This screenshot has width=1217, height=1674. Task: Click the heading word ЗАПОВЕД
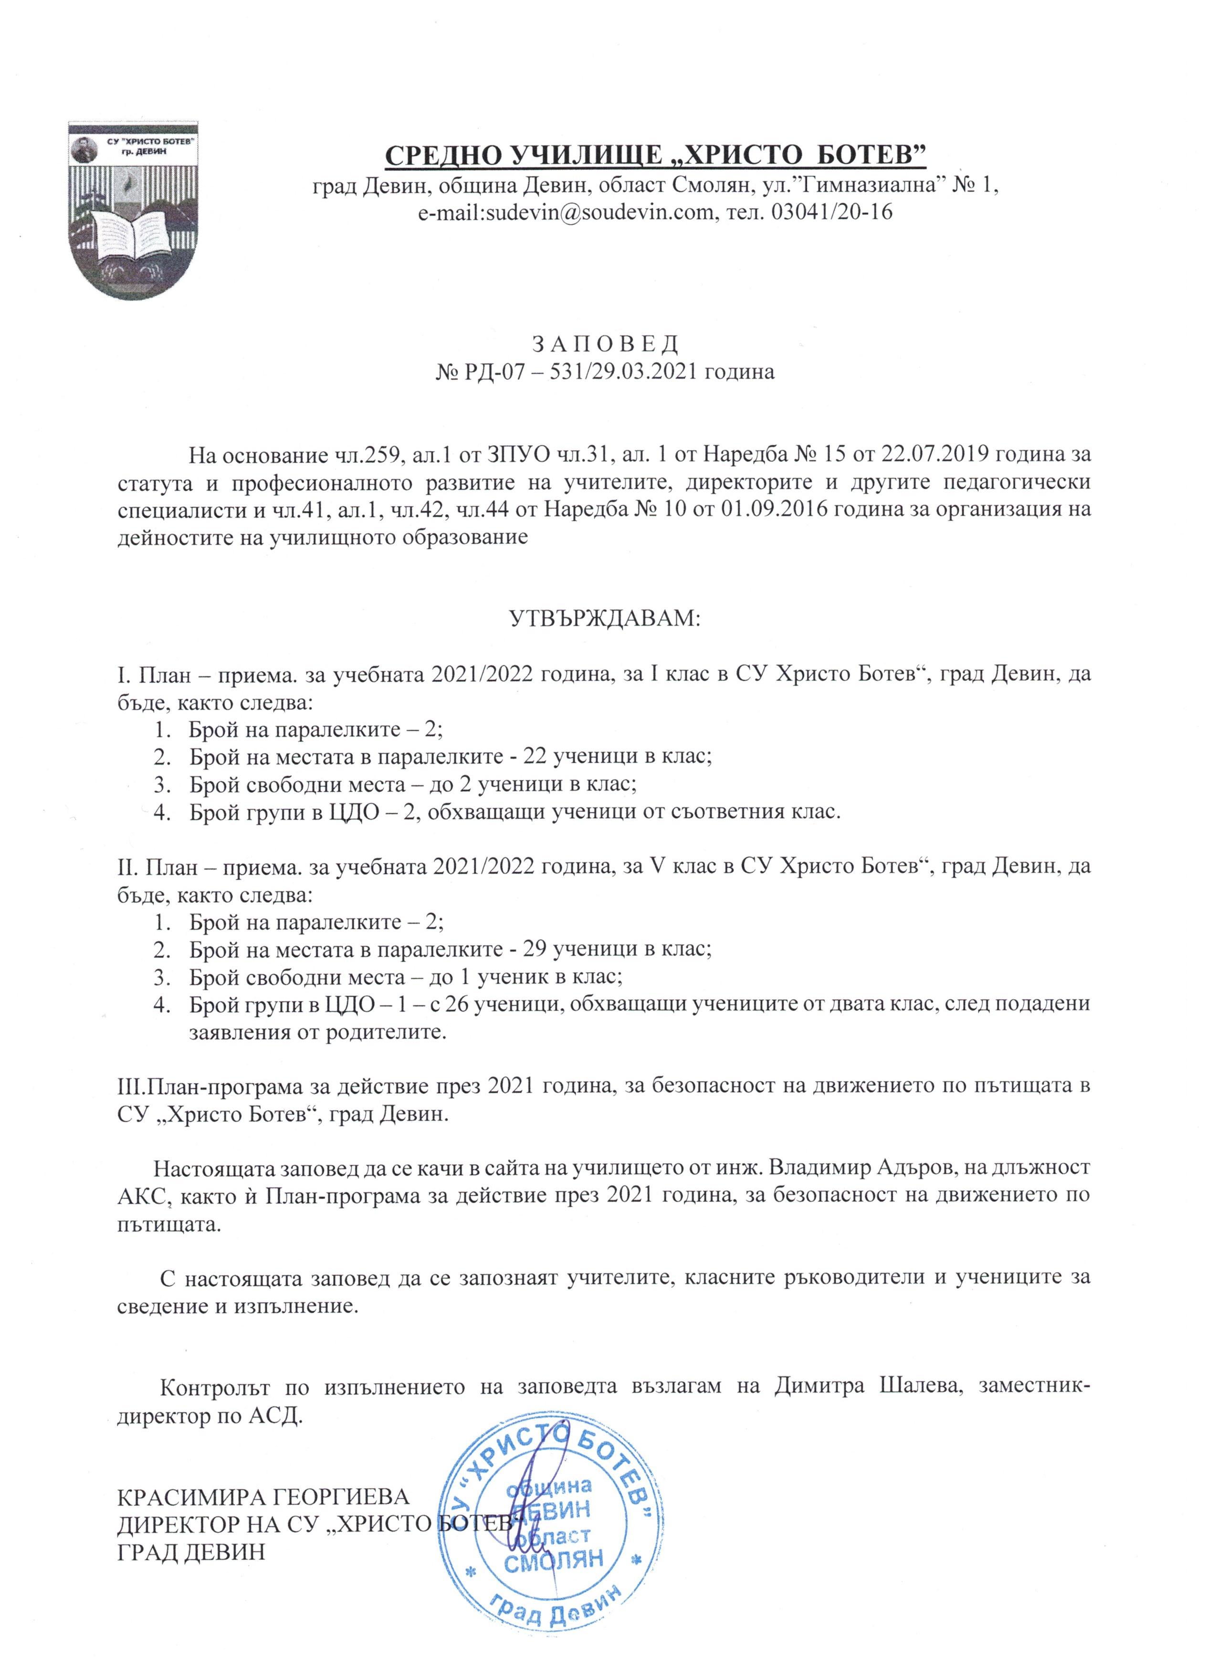pos(605,344)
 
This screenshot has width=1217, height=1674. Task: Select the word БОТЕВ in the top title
pos(866,155)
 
